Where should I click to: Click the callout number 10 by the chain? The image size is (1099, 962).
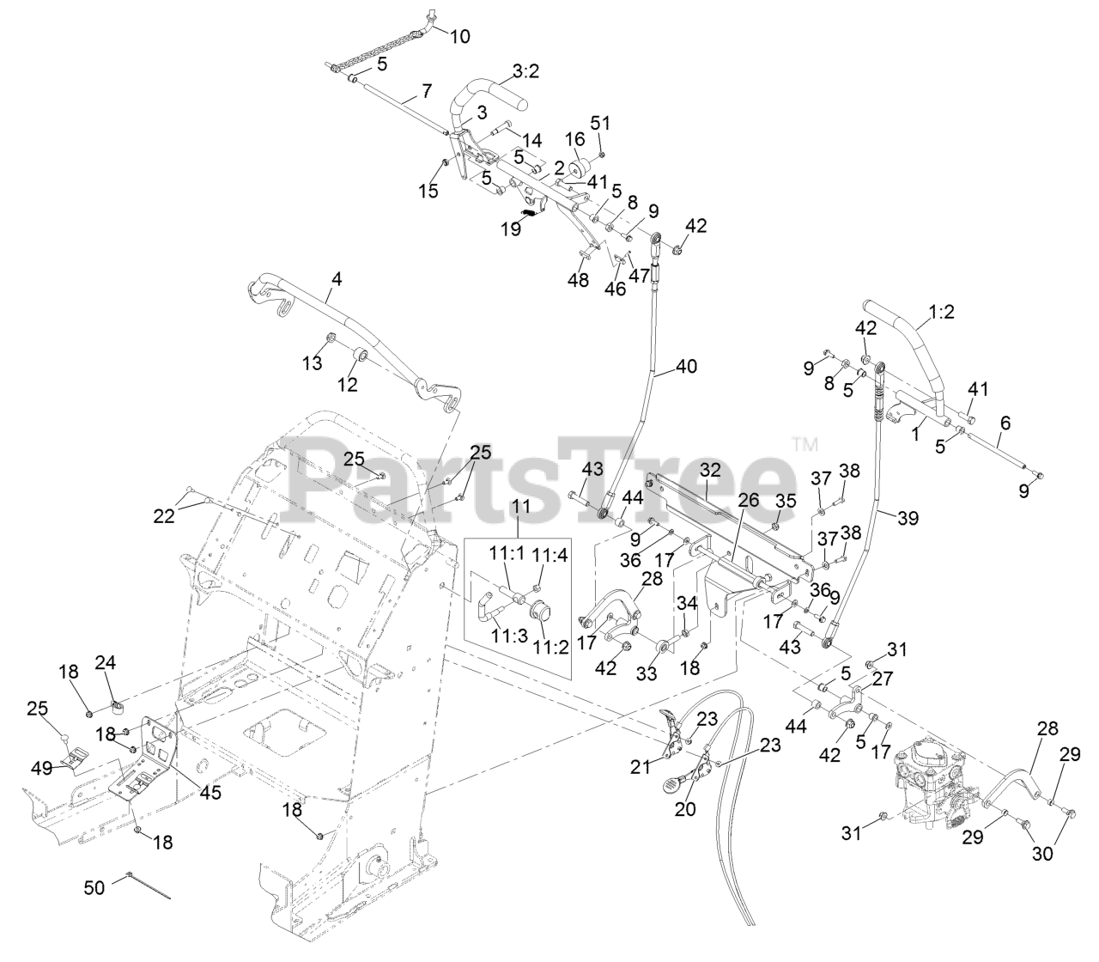point(459,36)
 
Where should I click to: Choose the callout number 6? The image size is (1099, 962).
point(1005,423)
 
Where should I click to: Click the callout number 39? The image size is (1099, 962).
point(907,518)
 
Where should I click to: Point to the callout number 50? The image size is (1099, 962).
point(94,886)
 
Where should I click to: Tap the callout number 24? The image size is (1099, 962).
point(106,662)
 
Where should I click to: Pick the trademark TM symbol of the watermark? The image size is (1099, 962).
point(805,444)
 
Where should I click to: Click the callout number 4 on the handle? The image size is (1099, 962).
point(336,279)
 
